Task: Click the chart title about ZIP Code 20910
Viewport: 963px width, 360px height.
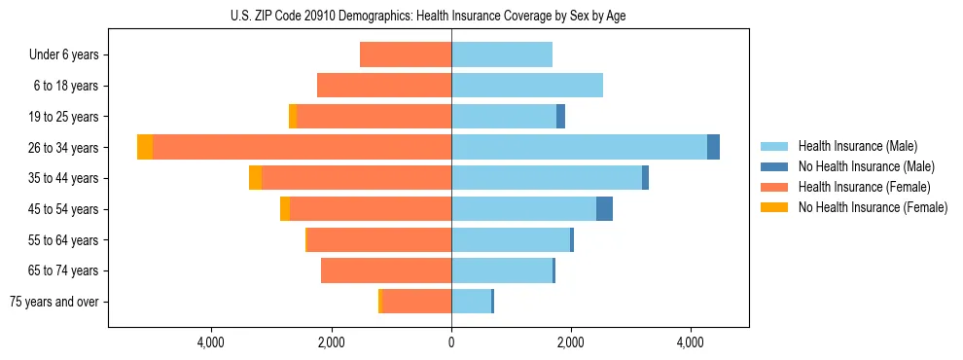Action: point(428,17)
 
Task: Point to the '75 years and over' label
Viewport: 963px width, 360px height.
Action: point(53,302)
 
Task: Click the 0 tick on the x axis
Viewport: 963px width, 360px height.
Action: point(451,342)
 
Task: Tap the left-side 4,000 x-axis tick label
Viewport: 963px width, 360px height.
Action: point(211,342)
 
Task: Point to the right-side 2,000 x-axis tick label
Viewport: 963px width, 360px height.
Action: point(571,342)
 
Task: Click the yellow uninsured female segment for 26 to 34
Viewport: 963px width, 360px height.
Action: point(145,147)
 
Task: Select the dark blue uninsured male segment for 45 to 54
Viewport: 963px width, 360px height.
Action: point(604,208)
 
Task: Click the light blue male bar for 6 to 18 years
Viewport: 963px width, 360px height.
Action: point(526,86)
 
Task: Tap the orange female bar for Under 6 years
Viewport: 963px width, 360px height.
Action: point(406,54)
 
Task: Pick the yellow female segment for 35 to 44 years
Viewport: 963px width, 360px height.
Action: point(255,178)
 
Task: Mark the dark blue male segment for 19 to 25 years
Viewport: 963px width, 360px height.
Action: point(560,117)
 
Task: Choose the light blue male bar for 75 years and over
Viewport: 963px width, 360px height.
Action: point(471,302)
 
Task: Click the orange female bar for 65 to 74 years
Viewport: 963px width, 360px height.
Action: point(386,270)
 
